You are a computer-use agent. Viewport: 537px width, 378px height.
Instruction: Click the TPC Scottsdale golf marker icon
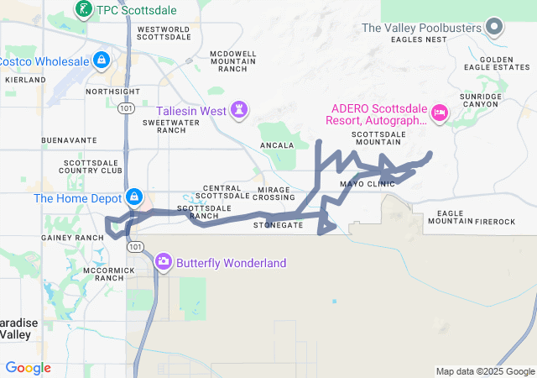click(x=84, y=9)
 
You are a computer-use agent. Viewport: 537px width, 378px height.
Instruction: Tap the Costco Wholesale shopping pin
click(x=102, y=60)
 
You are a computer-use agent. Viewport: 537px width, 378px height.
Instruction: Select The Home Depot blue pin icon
click(x=133, y=198)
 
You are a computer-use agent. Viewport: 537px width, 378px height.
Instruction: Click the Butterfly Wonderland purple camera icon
click(x=164, y=262)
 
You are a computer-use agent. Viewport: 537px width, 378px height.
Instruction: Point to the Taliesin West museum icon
click(x=241, y=110)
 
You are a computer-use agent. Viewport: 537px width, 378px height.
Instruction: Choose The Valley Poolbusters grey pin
click(x=494, y=28)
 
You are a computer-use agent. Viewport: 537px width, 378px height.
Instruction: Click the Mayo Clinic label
click(x=367, y=183)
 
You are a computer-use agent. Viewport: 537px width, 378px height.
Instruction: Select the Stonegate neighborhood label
click(x=278, y=225)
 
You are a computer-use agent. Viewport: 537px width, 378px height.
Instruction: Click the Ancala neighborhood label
click(x=278, y=145)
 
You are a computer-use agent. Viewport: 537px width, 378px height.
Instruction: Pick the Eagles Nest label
click(x=425, y=39)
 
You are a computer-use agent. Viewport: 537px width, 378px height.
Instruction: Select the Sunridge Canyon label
click(x=480, y=101)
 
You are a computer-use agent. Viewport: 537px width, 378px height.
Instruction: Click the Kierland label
click(x=25, y=80)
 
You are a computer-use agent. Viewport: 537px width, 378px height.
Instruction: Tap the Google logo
click(x=29, y=368)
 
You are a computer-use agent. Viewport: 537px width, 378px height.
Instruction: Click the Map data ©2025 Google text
click(x=485, y=371)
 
